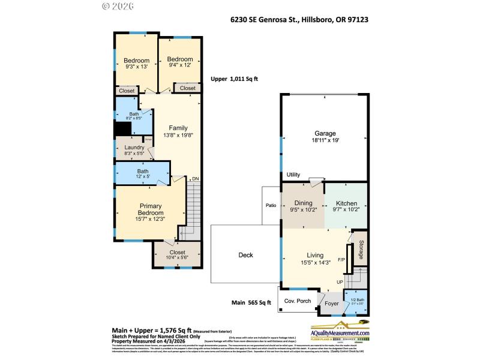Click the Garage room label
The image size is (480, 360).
click(325, 133)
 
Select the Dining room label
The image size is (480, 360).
click(303, 203)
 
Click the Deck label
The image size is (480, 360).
click(246, 255)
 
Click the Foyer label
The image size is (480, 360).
click(332, 304)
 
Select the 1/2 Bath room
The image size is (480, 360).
click(356, 301)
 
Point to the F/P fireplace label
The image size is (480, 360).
click(341, 260)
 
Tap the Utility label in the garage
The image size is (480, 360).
click(293, 175)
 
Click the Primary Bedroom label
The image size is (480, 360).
click(151, 209)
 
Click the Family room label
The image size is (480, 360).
click(178, 128)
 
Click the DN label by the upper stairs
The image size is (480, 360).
click(194, 179)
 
